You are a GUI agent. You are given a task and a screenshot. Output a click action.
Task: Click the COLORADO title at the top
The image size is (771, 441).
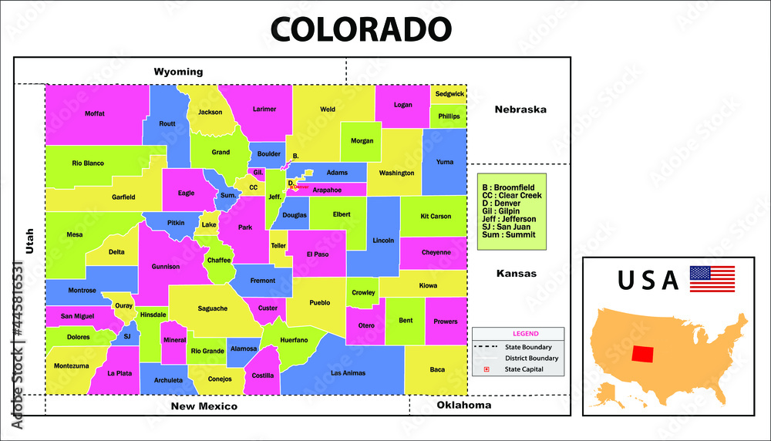pos(361,29)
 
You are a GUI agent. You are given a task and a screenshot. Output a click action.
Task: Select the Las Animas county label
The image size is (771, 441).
pos(347,373)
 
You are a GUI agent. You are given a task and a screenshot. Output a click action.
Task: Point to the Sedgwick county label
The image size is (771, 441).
pos(449,93)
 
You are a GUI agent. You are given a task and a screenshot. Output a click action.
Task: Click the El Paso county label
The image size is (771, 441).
pos(317,254)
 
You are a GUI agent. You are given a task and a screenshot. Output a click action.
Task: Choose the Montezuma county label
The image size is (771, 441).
pos(71,365)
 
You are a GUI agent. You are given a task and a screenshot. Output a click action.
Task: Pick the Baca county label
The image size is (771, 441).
pos(437,369)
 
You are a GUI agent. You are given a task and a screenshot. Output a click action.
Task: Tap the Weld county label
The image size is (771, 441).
pos(328,109)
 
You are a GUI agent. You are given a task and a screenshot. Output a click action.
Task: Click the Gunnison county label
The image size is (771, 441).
pos(165,267)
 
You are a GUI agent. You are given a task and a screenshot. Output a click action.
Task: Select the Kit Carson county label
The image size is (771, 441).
pos(436,216)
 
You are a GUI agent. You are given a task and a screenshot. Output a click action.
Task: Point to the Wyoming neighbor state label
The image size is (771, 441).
pos(178,72)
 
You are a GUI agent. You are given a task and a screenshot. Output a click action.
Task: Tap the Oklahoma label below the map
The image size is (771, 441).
pos(463,405)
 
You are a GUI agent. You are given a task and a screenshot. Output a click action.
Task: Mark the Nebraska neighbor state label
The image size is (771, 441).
pos(520,109)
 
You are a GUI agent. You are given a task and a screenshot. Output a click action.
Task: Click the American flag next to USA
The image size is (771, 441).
pos(712,278)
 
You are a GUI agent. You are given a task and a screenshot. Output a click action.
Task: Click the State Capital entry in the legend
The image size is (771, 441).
pos(524,369)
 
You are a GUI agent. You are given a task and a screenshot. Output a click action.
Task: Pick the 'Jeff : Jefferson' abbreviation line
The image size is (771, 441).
pos(509,219)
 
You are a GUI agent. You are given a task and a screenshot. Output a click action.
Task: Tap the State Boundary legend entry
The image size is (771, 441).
pos(528,347)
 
